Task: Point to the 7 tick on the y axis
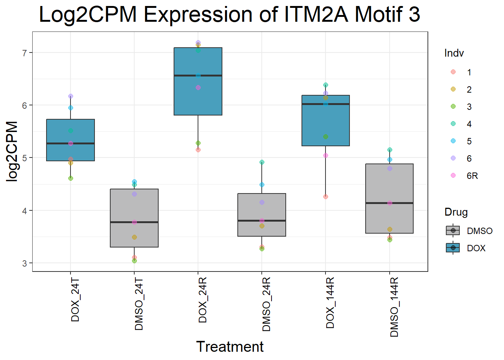(x=25, y=53)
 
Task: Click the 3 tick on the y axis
(x=25, y=263)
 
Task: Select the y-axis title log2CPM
(x=12, y=151)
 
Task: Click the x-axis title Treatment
(x=230, y=347)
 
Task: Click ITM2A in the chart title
(x=316, y=15)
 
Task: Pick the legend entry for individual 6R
(x=472, y=176)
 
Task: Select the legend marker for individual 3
(x=453, y=106)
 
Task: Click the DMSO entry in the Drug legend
(x=480, y=231)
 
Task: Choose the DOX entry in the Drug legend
(x=476, y=248)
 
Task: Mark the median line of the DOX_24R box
(x=198, y=75)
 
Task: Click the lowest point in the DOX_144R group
(x=325, y=196)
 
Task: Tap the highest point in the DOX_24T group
(x=70, y=96)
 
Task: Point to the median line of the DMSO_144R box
(x=390, y=203)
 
